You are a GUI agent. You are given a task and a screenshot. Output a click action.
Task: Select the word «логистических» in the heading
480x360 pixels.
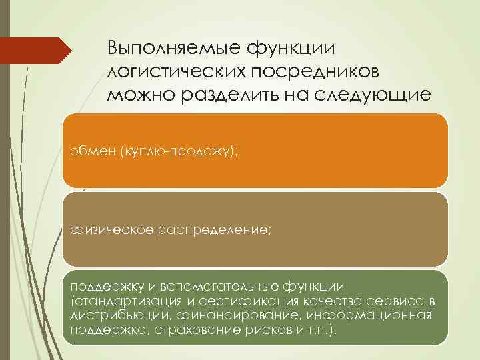click(169, 71)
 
